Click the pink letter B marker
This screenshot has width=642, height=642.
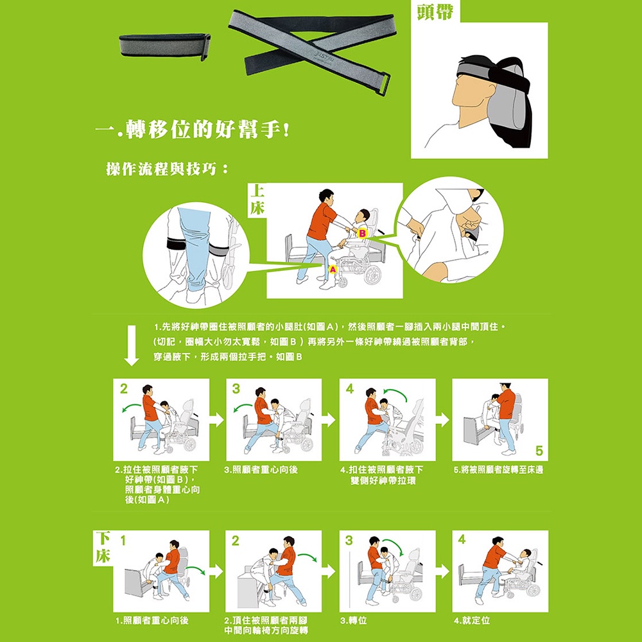(x=362, y=234)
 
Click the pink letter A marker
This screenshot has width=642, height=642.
(x=333, y=269)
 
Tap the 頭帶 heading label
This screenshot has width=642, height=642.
(x=435, y=11)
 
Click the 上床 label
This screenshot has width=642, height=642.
(x=257, y=200)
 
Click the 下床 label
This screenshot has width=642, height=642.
(x=103, y=547)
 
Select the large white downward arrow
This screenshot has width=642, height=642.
(x=132, y=345)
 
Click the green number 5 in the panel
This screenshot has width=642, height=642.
(x=539, y=451)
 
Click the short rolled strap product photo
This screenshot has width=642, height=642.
(x=165, y=46)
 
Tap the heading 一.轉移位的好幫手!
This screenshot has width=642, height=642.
(x=193, y=130)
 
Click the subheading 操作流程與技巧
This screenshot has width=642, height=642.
(x=167, y=168)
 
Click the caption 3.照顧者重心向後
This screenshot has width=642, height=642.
(x=261, y=470)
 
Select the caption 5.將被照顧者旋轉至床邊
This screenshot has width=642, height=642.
(x=498, y=470)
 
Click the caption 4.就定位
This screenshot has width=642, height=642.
(x=472, y=620)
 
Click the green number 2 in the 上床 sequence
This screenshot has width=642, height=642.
(x=124, y=388)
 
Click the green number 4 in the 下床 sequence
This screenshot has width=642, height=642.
(x=462, y=539)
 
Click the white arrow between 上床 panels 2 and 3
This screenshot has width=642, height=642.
(x=218, y=420)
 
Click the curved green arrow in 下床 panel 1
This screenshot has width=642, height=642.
(x=196, y=569)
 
